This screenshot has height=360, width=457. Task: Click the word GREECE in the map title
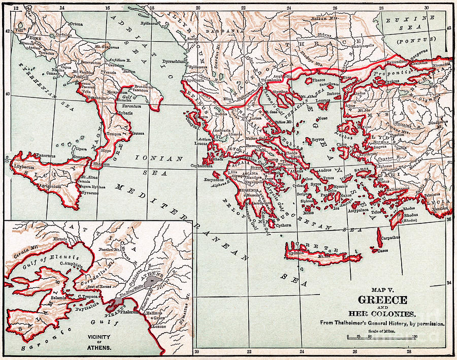382,300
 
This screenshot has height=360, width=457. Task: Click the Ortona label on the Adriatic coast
76,24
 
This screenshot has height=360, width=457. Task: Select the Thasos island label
318,80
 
